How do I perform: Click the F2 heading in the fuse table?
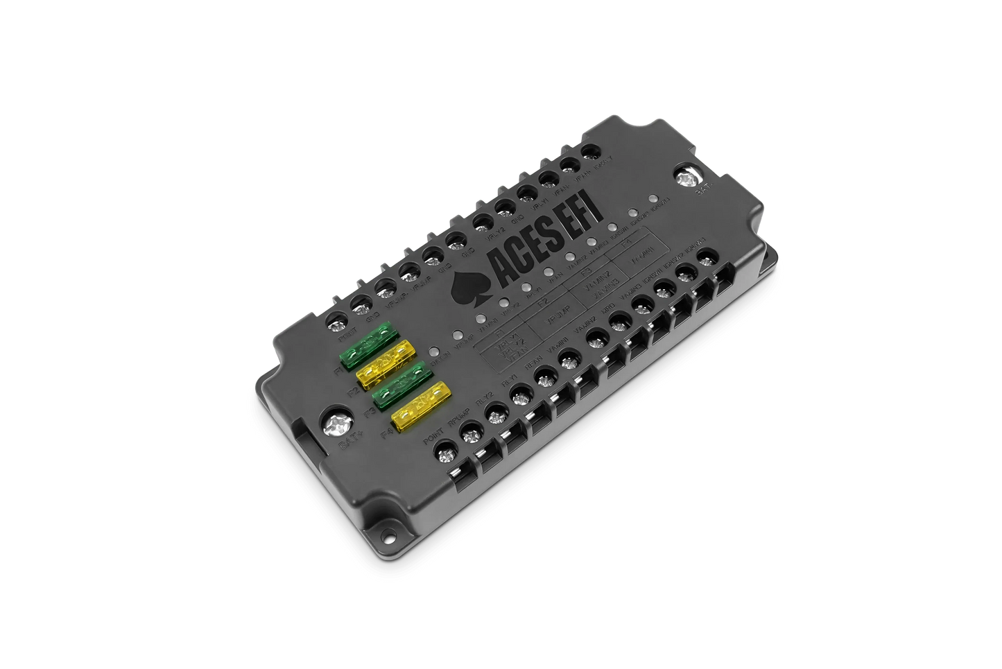point(542,302)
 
